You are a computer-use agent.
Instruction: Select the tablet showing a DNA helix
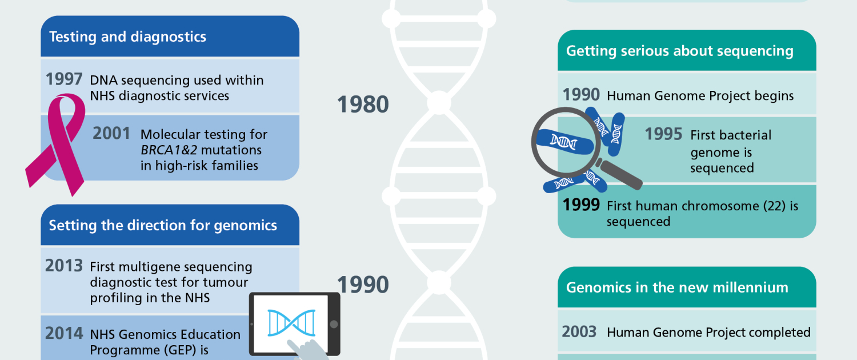coord(295,324)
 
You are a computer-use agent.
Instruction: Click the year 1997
coord(64,79)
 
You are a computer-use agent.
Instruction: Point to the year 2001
coord(111,134)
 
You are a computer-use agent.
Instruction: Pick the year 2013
coord(64,266)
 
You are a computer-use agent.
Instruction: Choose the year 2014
coord(64,333)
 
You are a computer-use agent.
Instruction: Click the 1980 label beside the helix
coord(363,105)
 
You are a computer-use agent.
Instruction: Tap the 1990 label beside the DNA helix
coord(363,285)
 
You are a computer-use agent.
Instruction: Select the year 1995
coord(663,134)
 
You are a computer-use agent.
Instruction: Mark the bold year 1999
coord(581,205)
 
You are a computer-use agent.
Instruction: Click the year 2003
coord(579,331)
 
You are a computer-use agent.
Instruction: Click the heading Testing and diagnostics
coord(128,37)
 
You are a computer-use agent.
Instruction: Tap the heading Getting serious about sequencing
coord(680,51)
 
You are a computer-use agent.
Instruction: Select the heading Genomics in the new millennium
coord(677,287)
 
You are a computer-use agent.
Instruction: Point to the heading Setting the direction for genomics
coord(163,226)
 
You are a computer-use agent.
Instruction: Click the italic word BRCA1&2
coord(169,150)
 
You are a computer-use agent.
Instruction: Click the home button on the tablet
coord(334,324)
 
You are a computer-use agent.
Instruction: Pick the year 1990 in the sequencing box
coord(581,94)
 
